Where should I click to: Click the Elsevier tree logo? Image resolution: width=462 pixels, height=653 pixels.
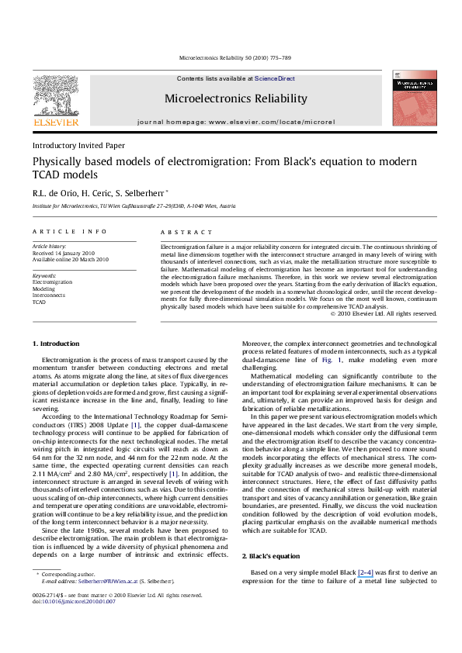coord(56,96)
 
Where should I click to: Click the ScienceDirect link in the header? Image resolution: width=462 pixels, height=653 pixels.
coord(275,79)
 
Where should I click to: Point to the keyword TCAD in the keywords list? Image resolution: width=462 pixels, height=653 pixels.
coord(40,302)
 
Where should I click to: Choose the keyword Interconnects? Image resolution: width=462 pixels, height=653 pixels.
coord(49,295)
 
